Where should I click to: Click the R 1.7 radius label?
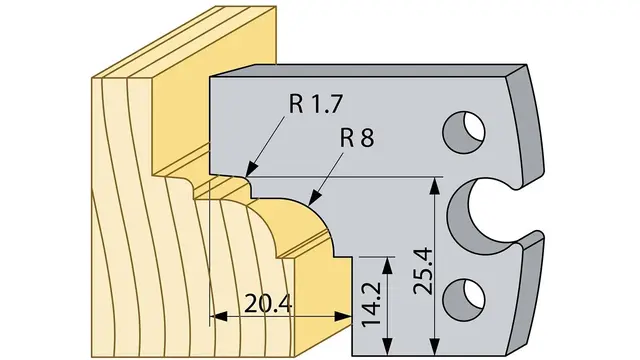[x=315, y=104]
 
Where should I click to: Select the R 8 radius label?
[x=357, y=138]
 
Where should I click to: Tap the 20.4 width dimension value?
[x=268, y=304]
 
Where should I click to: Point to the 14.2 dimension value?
[x=371, y=304]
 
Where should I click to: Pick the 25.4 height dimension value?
[x=423, y=271]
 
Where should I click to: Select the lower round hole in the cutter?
[x=464, y=300]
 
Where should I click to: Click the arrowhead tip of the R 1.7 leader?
[x=247, y=176]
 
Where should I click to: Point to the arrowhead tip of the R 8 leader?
[x=309, y=204]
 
